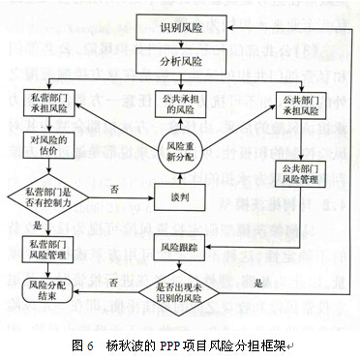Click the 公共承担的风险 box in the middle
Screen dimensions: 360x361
pyautogui.click(x=181, y=105)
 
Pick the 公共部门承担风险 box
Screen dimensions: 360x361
pyautogui.click(x=308, y=103)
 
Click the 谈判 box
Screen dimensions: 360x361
pyautogui.click(x=181, y=201)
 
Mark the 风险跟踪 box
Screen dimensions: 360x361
pyautogui.click(x=181, y=248)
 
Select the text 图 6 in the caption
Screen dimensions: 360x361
pyautogui.click(x=82, y=343)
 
